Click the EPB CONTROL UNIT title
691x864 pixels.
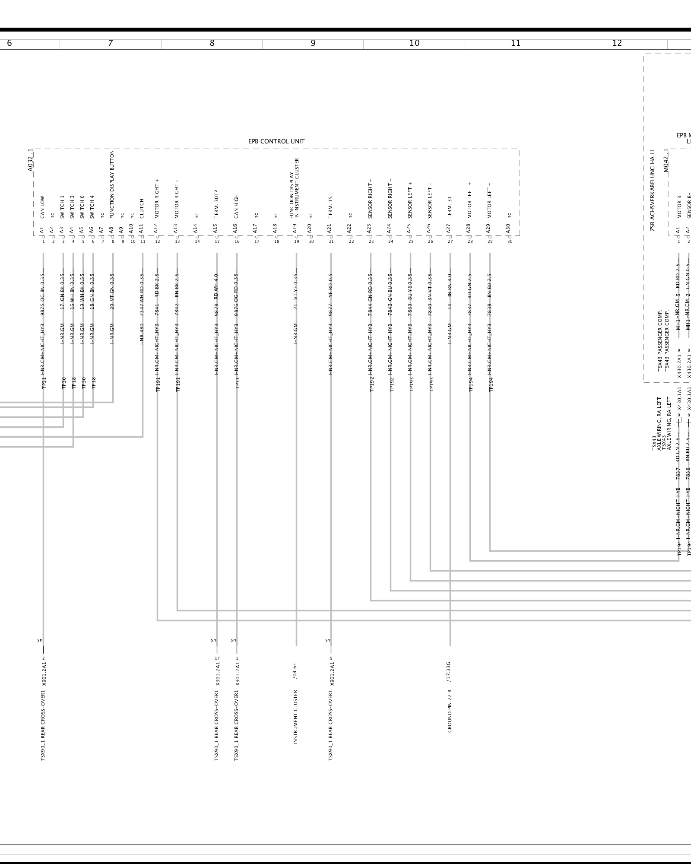(x=276, y=141)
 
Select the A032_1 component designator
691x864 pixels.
(x=30, y=160)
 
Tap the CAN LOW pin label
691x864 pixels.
(x=42, y=207)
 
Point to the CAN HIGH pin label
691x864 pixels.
(x=236, y=206)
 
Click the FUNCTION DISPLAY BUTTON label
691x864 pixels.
(x=112, y=184)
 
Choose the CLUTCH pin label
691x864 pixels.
(x=142, y=208)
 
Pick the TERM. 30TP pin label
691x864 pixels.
(x=216, y=204)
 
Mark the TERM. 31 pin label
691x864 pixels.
(x=450, y=207)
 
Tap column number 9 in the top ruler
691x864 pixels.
(x=313, y=43)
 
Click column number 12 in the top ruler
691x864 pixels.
(x=617, y=43)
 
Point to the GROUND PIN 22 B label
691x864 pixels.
(x=450, y=711)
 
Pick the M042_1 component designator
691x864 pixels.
(x=666, y=160)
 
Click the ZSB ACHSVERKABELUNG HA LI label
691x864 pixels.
(x=652, y=190)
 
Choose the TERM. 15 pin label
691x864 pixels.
(x=330, y=207)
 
